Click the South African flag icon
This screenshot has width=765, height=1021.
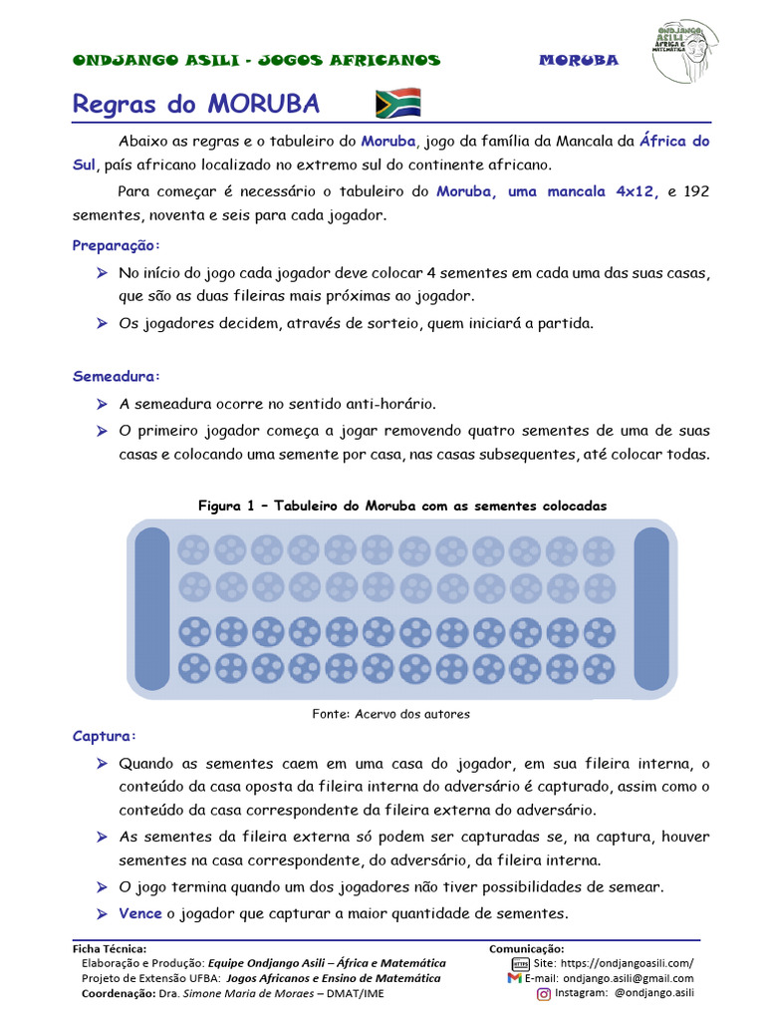[397, 103]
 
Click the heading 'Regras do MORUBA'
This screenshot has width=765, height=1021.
[195, 105]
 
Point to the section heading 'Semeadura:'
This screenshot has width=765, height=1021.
[116, 377]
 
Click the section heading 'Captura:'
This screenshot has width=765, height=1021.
[105, 737]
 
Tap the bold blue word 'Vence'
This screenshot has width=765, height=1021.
[139, 913]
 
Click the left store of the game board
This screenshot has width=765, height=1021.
[152, 608]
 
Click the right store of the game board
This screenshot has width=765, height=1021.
[650, 608]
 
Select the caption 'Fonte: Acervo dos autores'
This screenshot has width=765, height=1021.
[390, 714]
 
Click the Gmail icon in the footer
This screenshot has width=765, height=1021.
[514, 978]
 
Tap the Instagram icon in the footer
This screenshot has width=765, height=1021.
[544, 993]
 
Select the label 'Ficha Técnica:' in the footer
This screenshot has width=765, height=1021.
[110, 948]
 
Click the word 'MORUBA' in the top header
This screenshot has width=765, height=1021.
[579, 60]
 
